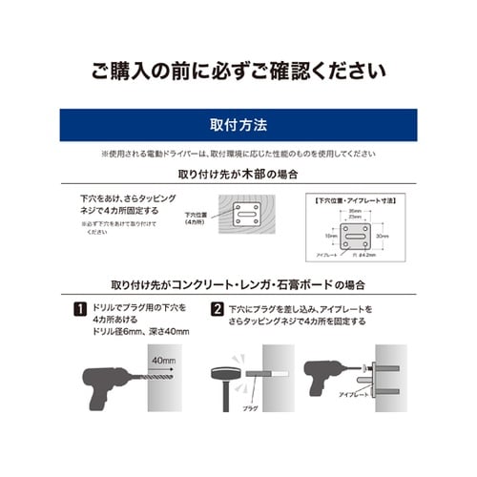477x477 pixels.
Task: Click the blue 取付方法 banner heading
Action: point(238,125)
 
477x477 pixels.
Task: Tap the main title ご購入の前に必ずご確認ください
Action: point(238,71)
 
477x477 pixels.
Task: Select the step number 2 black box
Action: point(218,310)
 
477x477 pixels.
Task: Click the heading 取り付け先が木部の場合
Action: point(238,176)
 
